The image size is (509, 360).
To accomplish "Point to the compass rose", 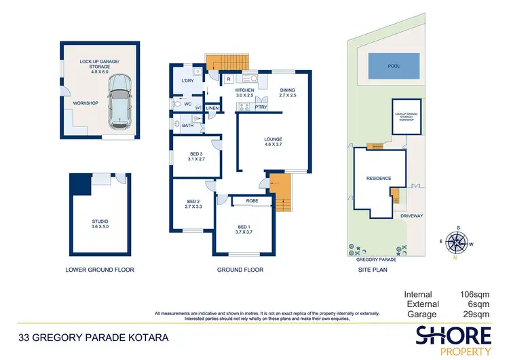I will point(458,241).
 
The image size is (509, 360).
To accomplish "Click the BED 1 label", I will point(244,229).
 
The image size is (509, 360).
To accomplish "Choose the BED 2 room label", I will point(193,204).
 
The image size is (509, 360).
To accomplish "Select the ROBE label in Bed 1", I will point(252,201).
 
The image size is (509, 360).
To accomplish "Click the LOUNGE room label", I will point(273,142).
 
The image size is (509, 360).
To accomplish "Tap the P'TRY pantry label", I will point(261,107).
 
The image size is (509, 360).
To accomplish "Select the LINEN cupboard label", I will point(212,108).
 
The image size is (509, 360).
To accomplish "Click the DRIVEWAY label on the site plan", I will point(411,216).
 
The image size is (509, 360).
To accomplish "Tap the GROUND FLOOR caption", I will point(240,270).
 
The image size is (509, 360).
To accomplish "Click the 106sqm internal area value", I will point(475,294).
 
